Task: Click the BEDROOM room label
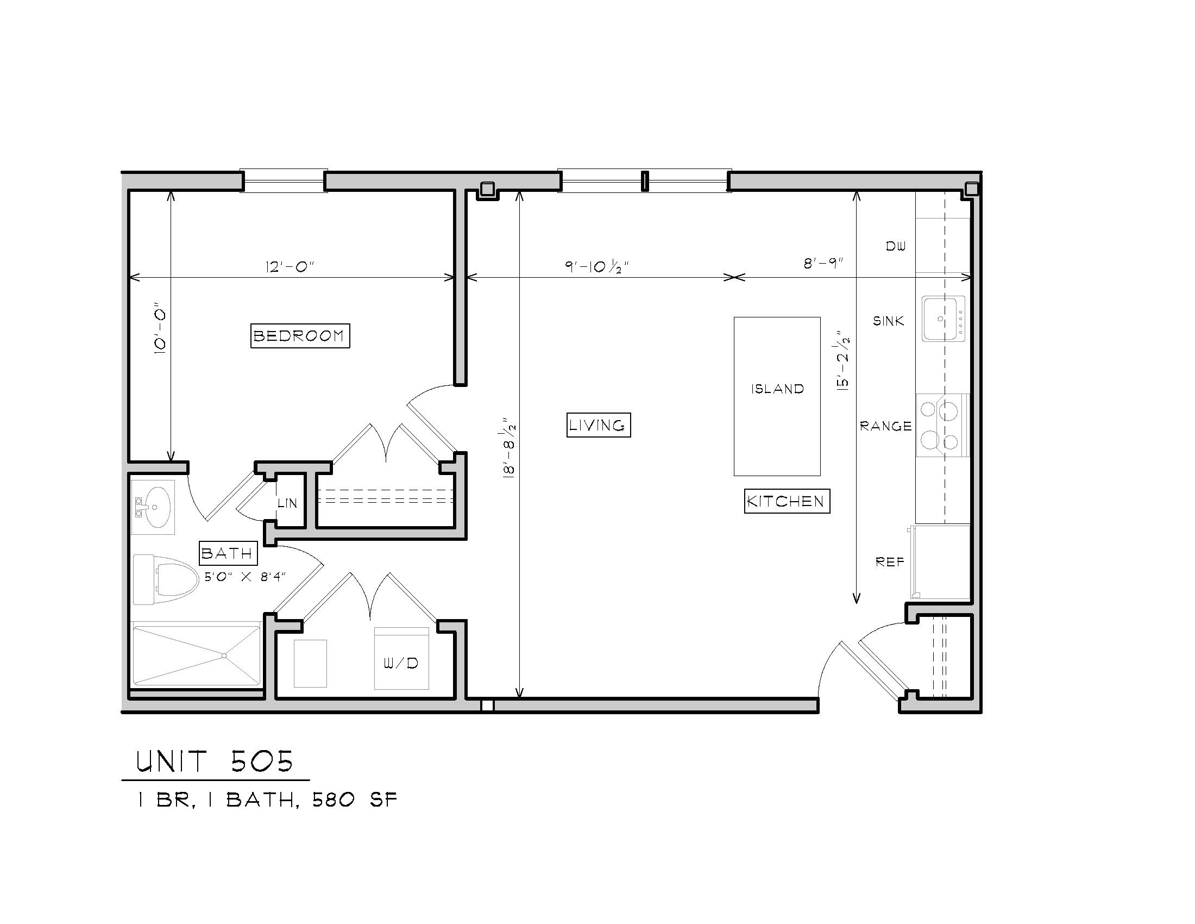tap(300, 335)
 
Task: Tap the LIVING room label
tap(598, 425)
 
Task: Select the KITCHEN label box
tap(787, 501)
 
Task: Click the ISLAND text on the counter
tap(777, 389)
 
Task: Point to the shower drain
tap(224, 655)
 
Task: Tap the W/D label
tap(400, 664)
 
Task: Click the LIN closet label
tap(287, 503)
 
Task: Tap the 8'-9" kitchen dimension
tap(823, 263)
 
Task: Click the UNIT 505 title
tap(215, 761)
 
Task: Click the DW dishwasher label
tap(896, 246)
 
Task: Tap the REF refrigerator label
tap(890, 561)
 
